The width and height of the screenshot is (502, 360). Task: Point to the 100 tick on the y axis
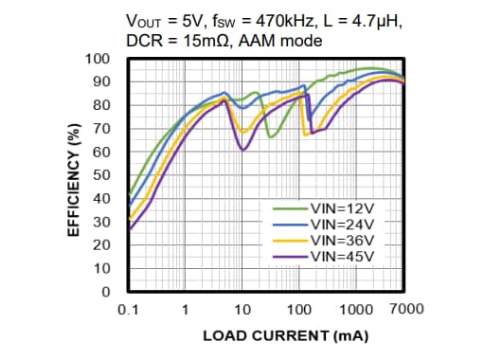coord(99,59)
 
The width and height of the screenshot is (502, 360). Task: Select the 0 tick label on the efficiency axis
coord(107,292)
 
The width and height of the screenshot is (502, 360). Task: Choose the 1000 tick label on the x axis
coord(357,309)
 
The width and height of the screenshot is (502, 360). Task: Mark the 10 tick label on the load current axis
coord(242,309)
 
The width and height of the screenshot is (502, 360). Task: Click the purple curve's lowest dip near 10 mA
coord(243,150)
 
